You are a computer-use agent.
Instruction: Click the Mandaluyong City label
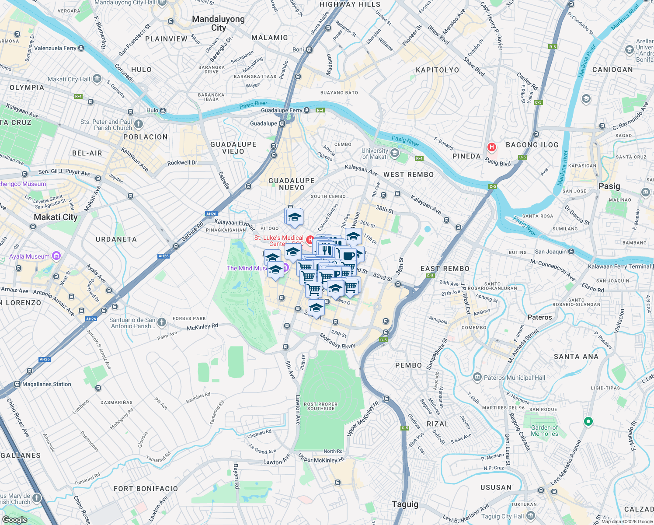[x=218, y=23]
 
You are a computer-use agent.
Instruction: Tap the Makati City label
[x=56, y=217]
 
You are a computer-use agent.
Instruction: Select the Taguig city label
[x=405, y=504]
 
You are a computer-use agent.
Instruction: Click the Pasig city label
[x=609, y=186]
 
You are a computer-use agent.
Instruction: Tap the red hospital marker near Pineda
[x=491, y=147]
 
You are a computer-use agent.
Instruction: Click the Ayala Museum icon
[x=56, y=256]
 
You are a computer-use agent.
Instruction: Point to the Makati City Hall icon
[x=97, y=79]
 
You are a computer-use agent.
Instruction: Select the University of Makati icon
[x=395, y=153]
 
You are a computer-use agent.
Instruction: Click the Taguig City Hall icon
[x=531, y=516]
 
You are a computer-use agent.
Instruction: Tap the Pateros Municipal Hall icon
[x=477, y=377]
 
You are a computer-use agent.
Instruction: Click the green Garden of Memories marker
[x=588, y=421]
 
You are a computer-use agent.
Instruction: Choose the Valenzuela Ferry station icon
[x=81, y=48]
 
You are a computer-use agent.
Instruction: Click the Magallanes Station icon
[x=17, y=384]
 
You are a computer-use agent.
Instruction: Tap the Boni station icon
[x=310, y=49]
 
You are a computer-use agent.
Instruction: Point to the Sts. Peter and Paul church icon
[x=139, y=124]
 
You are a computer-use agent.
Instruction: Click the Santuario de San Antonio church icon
[x=162, y=322]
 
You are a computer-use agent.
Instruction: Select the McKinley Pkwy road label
[x=337, y=341]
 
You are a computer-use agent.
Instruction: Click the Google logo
[x=14, y=519]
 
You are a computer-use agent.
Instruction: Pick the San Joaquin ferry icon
[x=571, y=252]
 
